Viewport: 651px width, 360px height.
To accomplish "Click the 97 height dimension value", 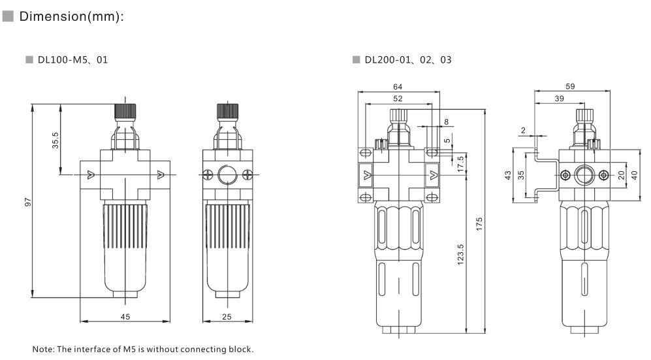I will click(27, 204).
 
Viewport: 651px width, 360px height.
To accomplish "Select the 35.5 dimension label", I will click(56, 140).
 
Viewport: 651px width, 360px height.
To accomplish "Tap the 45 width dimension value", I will click(125, 316).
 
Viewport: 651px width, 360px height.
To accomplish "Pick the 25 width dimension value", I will click(227, 316).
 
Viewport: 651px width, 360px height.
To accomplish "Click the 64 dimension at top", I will click(398, 86).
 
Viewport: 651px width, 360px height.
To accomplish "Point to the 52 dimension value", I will click(398, 98).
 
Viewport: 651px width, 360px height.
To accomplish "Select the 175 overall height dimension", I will click(480, 223).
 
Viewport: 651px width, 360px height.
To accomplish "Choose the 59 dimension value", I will click(569, 86).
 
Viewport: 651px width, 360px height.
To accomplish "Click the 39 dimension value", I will click(560, 98).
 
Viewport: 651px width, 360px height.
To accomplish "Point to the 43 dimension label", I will click(509, 175).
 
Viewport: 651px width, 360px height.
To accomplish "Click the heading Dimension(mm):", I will click(71, 16).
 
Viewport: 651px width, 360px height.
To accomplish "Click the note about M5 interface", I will click(142, 349).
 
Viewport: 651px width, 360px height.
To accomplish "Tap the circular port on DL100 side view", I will click(227, 174).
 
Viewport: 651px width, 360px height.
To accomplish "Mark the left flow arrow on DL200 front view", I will click(366, 174).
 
